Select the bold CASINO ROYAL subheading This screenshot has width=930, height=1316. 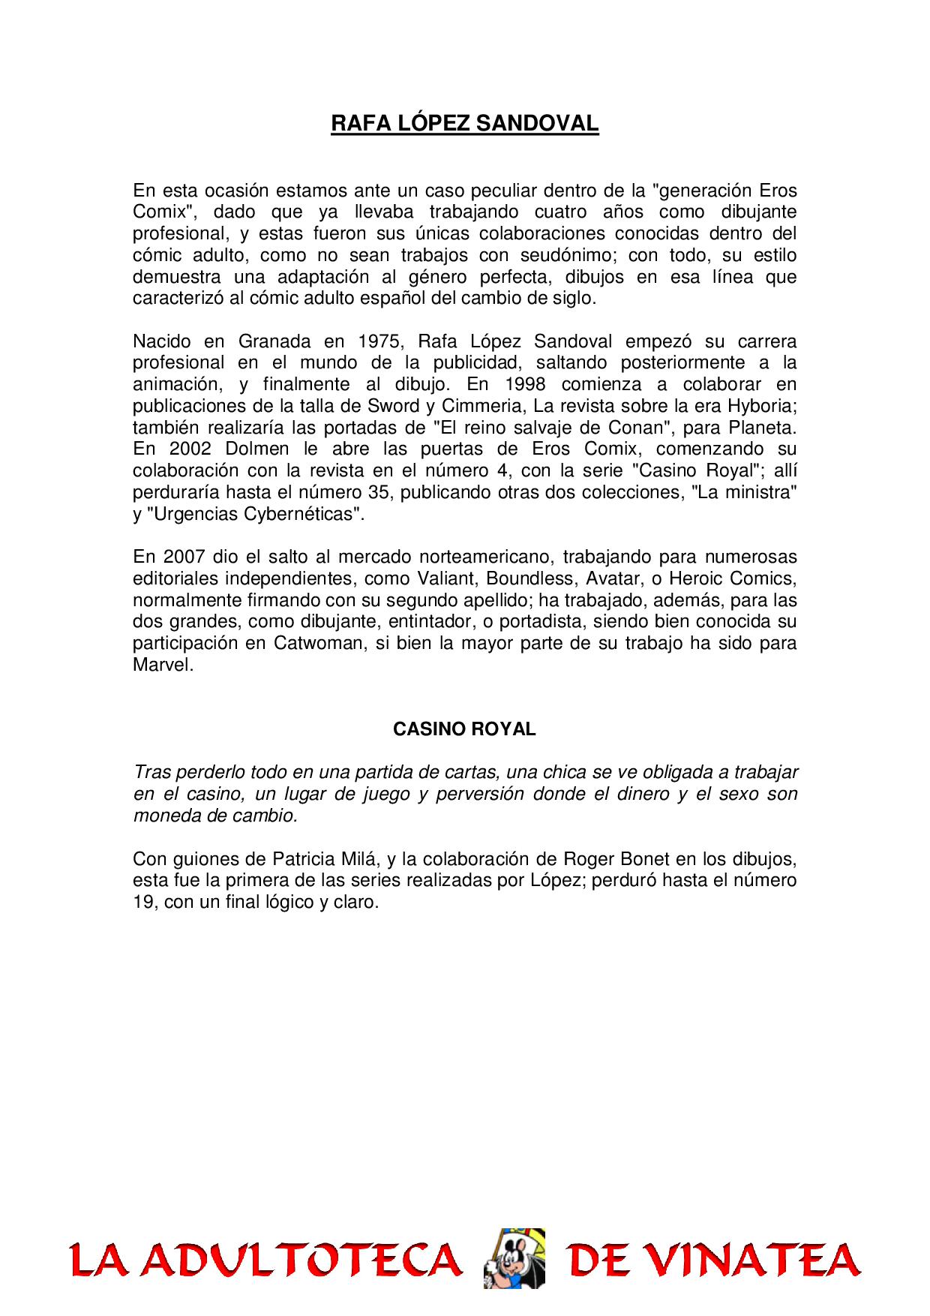click(x=464, y=729)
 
